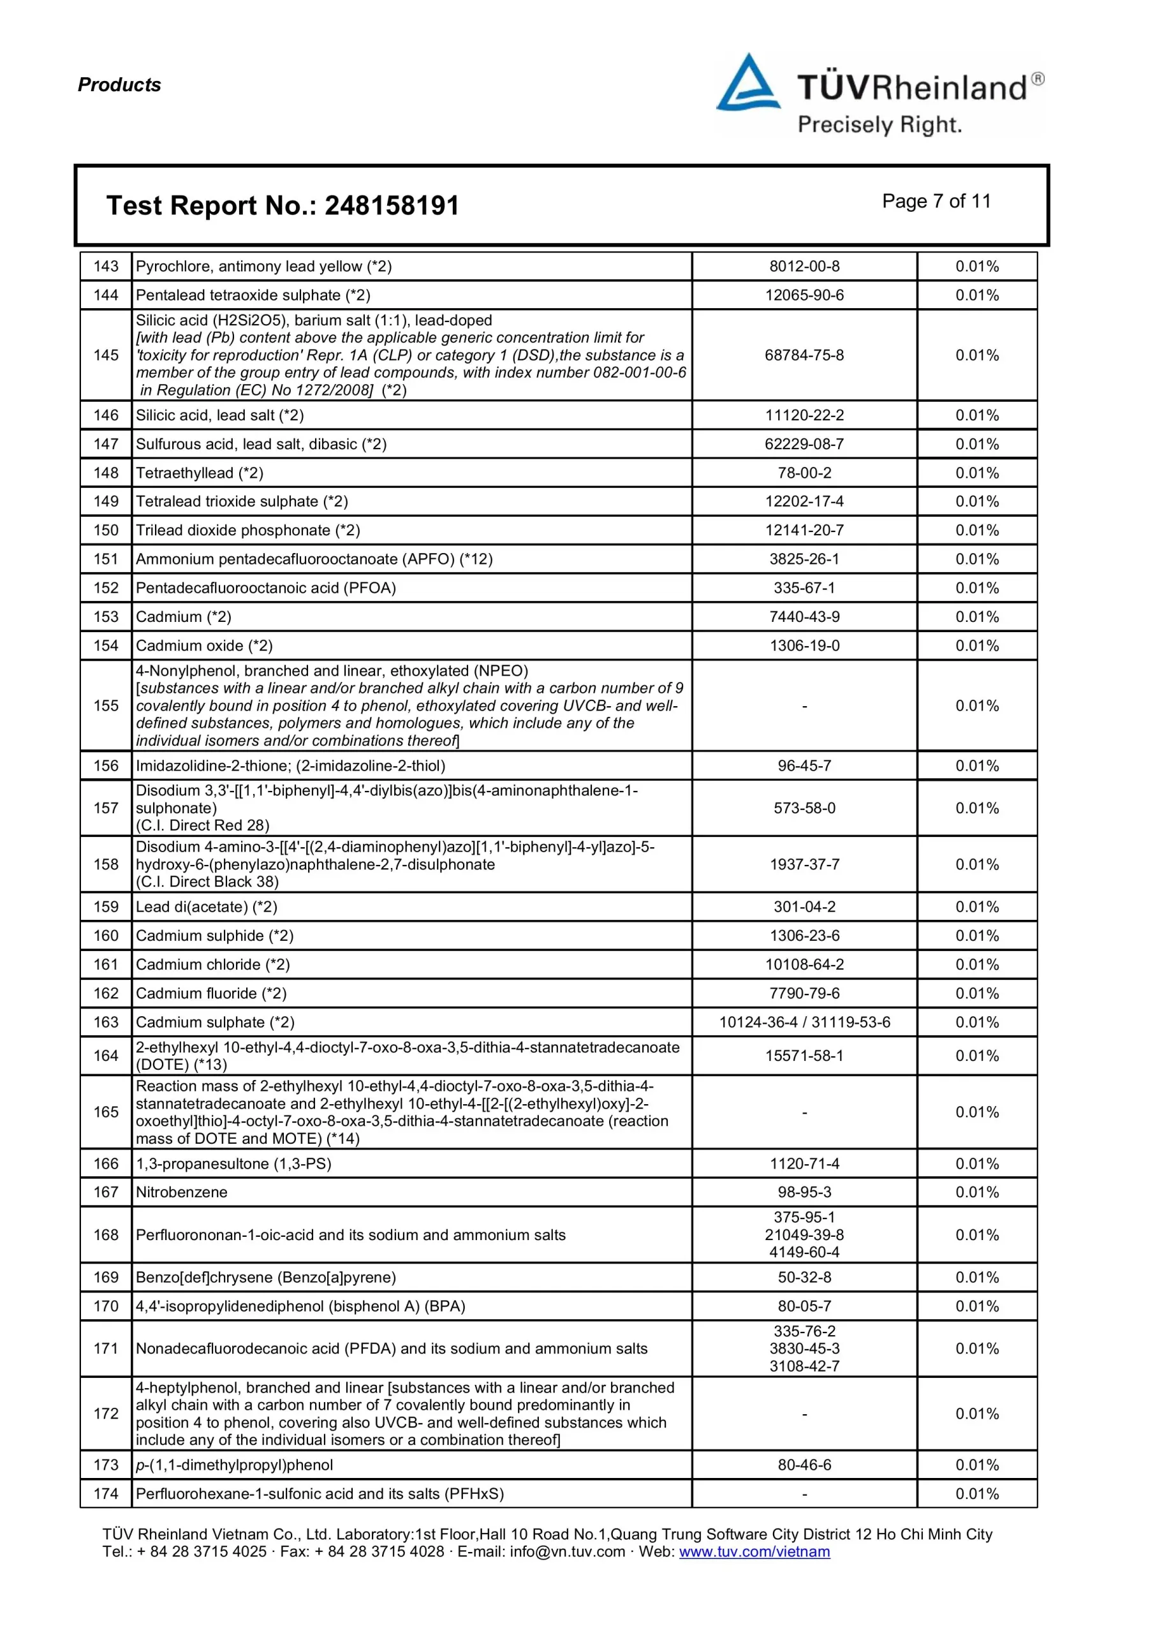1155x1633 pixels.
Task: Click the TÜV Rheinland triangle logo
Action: pos(747,84)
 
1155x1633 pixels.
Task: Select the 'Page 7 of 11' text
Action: pos(936,202)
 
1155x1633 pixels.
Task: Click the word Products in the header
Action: pos(119,85)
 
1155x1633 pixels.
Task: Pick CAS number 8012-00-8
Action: pos(804,266)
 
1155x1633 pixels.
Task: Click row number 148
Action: pos(106,472)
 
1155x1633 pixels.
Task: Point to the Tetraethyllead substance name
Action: pos(199,472)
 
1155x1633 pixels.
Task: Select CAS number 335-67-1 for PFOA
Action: pos(804,587)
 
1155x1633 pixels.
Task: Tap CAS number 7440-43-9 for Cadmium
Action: pos(804,617)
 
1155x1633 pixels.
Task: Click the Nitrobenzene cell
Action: pos(181,1192)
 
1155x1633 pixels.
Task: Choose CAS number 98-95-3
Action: pos(804,1192)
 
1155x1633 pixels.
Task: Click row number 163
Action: pos(106,1022)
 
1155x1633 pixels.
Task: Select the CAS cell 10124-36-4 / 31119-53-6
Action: pos(804,1022)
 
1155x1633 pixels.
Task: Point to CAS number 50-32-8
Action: pos(804,1278)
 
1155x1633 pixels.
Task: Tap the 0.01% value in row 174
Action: pos(976,1493)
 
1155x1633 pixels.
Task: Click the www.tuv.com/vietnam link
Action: pos(754,1551)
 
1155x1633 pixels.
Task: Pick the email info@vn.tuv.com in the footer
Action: pos(567,1551)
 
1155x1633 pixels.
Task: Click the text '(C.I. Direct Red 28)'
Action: pos(203,825)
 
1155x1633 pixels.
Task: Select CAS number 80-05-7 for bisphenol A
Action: pos(804,1306)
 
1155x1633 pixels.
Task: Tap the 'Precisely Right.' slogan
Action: pos(879,125)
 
